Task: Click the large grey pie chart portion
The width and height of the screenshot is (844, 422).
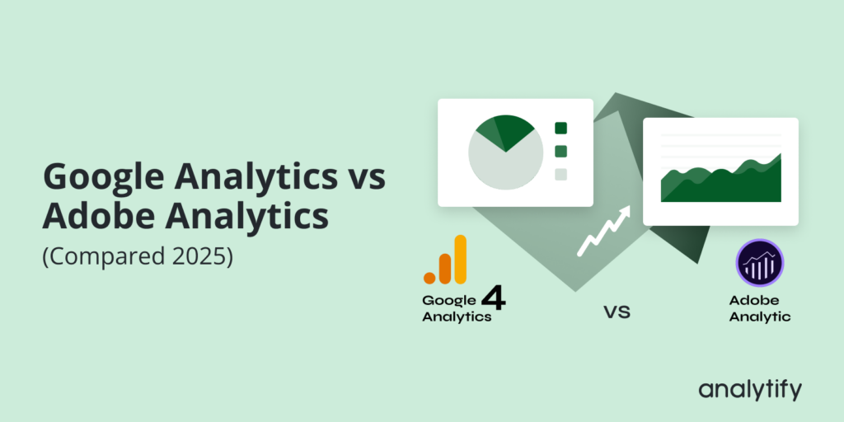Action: tap(505, 165)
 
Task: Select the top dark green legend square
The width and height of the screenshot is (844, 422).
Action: tap(561, 128)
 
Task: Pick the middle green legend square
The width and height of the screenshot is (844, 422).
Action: tap(561, 151)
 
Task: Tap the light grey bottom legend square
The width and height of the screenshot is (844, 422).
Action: tap(561, 174)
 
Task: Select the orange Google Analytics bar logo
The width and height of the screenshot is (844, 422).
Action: tap(446, 260)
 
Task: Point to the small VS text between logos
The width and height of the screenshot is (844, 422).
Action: tap(617, 313)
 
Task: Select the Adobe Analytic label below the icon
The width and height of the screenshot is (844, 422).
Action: tap(759, 308)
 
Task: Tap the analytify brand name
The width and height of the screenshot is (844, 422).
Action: tap(749, 390)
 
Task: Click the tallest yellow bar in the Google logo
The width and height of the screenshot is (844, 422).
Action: tap(460, 259)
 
